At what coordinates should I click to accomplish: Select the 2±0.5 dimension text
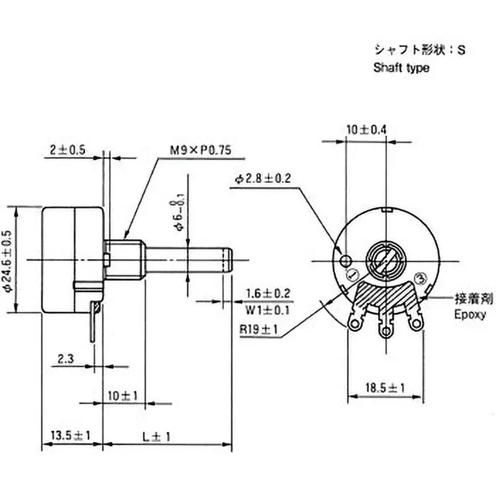[x=68, y=149]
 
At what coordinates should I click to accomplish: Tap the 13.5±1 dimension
[x=69, y=436]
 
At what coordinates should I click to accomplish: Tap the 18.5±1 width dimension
[x=384, y=387]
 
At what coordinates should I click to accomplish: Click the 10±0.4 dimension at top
[x=366, y=130]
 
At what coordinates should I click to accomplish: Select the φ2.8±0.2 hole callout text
[x=263, y=179]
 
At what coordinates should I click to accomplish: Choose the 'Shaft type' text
[x=401, y=68]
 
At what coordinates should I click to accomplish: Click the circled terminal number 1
[x=352, y=275]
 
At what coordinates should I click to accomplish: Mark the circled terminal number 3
[x=420, y=278]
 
